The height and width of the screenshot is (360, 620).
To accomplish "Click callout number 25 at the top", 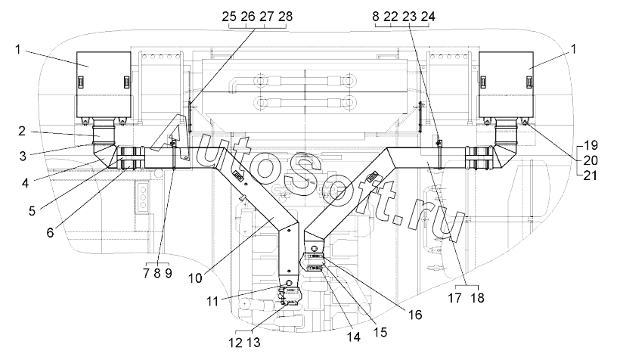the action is pyautogui.click(x=229, y=17).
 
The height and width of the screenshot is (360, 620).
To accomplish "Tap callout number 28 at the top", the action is pyautogui.click(x=285, y=17).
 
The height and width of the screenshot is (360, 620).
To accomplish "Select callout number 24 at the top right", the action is pyautogui.click(x=428, y=17).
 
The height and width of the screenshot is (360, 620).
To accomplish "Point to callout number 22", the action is pyautogui.click(x=391, y=17).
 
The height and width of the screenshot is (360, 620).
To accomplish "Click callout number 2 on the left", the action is pyautogui.click(x=22, y=131).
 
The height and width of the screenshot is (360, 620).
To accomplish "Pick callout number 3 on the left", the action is pyautogui.click(x=23, y=156).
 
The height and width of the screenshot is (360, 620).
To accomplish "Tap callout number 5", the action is pyautogui.click(x=32, y=211).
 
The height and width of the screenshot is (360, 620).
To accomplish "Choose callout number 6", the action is pyautogui.click(x=50, y=232).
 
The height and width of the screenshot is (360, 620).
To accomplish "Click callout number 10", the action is pyautogui.click(x=195, y=278).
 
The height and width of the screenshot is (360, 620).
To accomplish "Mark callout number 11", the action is pyautogui.click(x=212, y=302).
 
